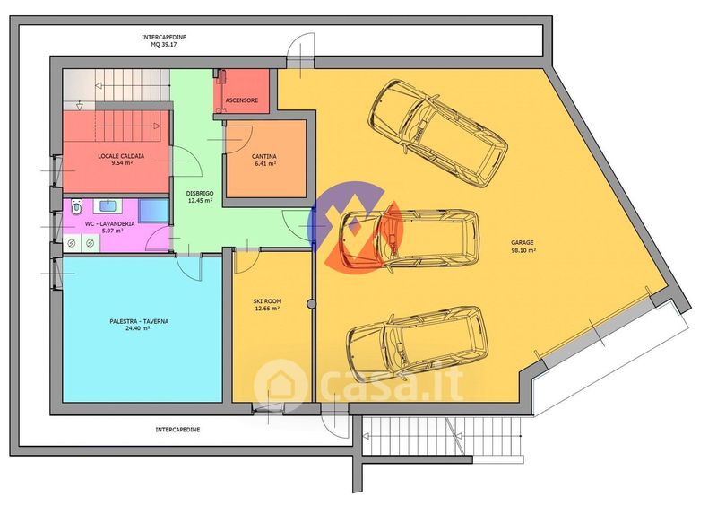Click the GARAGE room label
523,243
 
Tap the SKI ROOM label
267,301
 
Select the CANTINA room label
264,157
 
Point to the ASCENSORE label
241,100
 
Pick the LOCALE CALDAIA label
121,156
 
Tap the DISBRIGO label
200,193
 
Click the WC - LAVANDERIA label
109,224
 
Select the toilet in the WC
77,207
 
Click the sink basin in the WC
108,205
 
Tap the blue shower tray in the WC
153,211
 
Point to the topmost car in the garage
437,133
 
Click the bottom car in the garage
417,344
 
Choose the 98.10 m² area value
523,250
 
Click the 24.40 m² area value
138,328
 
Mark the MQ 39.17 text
164,45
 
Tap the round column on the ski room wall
311,303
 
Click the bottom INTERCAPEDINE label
177,430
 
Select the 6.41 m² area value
265,163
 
